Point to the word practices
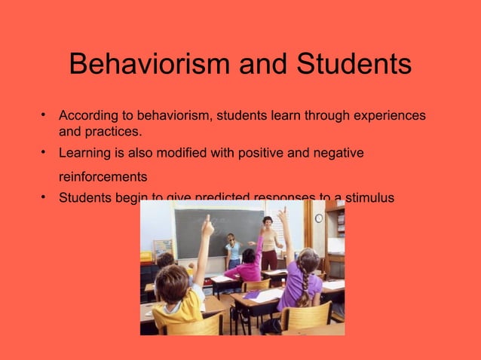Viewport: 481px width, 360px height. point(113,132)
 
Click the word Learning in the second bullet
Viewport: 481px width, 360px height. point(84,154)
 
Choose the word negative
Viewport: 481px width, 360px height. point(339,154)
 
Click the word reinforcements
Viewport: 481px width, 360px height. point(103,178)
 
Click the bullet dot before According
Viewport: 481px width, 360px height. point(44,115)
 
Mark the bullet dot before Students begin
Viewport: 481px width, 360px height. point(44,198)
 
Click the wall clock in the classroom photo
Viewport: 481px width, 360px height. point(319,218)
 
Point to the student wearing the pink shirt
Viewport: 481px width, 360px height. point(247,267)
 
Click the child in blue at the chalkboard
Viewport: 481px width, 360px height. point(234,252)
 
